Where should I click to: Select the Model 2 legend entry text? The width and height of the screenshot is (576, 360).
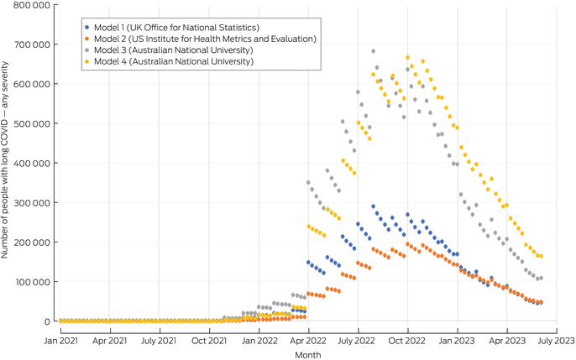pyautogui.click(x=205, y=39)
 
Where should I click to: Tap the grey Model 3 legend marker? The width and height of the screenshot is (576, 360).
pyautogui.click(x=87, y=50)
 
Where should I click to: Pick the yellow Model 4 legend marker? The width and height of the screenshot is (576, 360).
pyautogui.click(x=87, y=61)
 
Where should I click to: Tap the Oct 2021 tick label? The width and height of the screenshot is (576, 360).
pyautogui.click(x=208, y=342)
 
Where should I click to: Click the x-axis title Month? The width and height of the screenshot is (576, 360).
pyautogui.click(x=307, y=355)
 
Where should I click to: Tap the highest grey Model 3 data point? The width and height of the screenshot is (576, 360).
pyautogui.click(x=373, y=51)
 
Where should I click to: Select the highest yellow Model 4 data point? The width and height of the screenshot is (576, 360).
pyautogui.click(x=407, y=58)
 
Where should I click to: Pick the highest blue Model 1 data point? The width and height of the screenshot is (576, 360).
pyautogui.click(x=373, y=206)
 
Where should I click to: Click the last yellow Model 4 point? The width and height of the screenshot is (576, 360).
pyautogui.click(x=541, y=257)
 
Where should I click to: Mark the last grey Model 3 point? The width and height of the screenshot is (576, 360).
pyautogui.click(x=541, y=278)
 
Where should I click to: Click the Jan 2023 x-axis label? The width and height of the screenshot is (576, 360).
pyautogui.click(x=456, y=342)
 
